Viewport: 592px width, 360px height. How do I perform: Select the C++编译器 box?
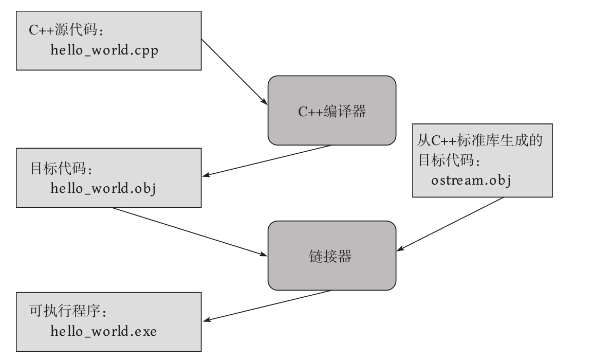point(332,111)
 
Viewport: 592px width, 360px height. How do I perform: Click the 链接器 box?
point(332,256)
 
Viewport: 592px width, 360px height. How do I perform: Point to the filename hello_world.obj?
point(103,188)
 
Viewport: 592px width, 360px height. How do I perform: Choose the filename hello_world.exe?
point(103,332)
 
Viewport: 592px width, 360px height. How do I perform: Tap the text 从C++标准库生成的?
point(483,141)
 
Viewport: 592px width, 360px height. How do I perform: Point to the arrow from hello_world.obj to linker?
point(190,231)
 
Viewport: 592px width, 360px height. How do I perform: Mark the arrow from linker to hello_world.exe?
point(267,306)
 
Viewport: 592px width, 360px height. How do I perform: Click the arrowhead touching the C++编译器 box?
point(264,102)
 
